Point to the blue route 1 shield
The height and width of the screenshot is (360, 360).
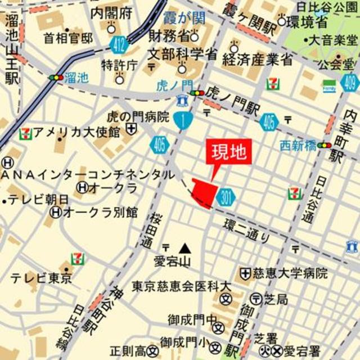(183, 119)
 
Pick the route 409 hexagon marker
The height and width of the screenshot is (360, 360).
(349, 83)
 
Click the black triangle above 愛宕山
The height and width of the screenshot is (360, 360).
(184, 247)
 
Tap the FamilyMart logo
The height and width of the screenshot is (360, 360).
(329, 86)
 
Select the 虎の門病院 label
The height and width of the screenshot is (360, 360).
(138, 117)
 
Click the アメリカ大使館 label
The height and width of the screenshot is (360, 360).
(76, 133)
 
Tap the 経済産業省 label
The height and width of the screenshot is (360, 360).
(257, 59)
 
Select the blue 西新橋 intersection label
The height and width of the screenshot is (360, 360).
(298, 146)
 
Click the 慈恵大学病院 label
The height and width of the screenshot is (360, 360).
(289, 274)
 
